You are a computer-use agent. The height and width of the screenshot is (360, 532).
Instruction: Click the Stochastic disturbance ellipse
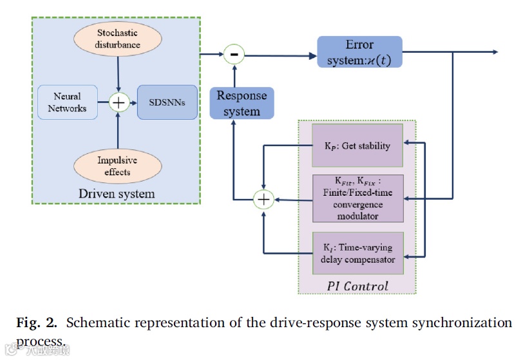click(117, 39)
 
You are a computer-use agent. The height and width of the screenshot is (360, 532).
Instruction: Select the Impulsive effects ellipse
click(117, 166)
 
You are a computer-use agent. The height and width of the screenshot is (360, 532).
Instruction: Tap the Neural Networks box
click(68, 102)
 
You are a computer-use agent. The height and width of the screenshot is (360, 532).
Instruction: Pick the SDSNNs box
click(167, 102)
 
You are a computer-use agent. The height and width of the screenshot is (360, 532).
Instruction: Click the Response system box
click(242, 103)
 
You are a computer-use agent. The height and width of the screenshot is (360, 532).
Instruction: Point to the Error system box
click(359, 52)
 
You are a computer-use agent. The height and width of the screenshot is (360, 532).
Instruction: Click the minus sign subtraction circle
click(234, 54)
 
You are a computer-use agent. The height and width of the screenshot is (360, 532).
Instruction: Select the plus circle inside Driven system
click(119, 102)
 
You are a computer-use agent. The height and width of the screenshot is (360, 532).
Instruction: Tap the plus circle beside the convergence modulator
click(263, 199)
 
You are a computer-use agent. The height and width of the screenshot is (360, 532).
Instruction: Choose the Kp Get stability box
click(357, 145)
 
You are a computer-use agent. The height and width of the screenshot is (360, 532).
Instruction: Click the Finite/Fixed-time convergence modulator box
click(358, 198)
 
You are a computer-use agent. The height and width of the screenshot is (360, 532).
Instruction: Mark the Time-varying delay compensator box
click(358, 253)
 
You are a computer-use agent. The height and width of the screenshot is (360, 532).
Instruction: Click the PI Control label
click(357, 286)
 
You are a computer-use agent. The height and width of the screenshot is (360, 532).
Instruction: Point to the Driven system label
click(117, 194)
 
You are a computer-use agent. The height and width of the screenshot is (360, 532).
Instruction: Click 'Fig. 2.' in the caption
click(37, 323)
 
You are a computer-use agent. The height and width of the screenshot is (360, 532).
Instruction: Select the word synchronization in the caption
click(462, 323)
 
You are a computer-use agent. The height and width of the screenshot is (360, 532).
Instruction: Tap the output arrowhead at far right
click(495, 52)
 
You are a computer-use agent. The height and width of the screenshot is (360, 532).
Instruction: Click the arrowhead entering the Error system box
click(313, 56)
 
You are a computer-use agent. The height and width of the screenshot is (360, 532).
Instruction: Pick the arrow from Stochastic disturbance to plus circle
click(118, 74)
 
